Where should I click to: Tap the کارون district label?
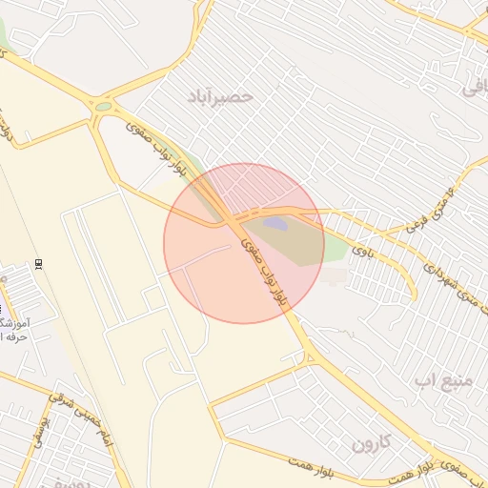(372, 443)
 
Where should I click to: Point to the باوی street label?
(361, 251)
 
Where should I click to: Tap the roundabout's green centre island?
(103, 107)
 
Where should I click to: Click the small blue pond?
(274, 224)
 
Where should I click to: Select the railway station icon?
(38, 264)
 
